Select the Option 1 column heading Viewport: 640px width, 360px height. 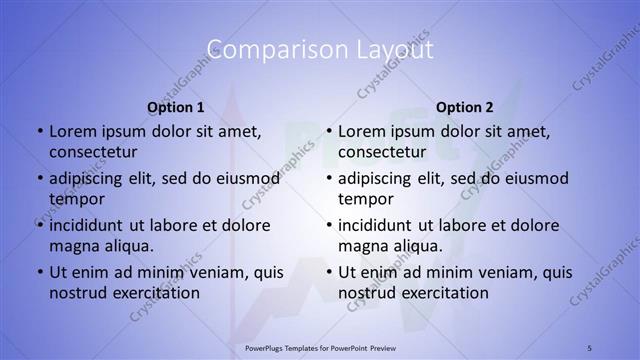point(176,107)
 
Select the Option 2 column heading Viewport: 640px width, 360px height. point(465,107)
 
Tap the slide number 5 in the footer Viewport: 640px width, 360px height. point(590,348)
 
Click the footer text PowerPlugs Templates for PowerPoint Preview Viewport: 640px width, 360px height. point(319,348)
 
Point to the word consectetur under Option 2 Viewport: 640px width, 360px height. point(382,151)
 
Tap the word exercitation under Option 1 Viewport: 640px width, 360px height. point(151,293)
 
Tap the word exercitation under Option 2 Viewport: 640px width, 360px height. point(440,293)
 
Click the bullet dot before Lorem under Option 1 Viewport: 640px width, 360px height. point(39,131)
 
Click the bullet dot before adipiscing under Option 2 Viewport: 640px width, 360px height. point(328,179)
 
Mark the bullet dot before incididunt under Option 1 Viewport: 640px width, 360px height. point(39,226)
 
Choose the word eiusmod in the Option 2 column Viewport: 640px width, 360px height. point(534,179)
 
